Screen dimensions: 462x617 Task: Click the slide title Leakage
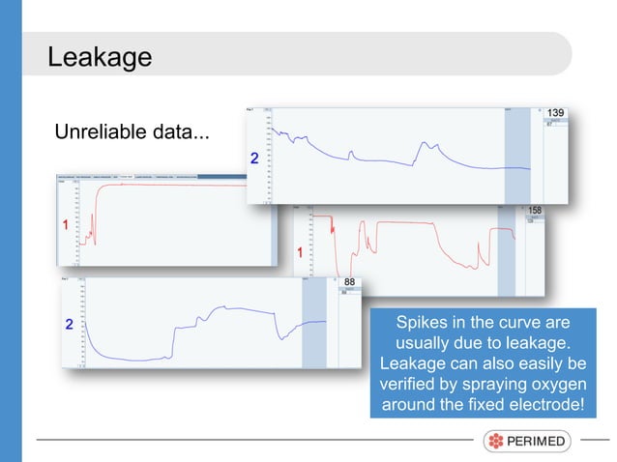(100, 57)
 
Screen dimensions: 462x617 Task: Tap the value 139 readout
(555, 114)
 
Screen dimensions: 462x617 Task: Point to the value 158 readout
(535, 210)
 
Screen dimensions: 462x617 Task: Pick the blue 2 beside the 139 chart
(254, 158)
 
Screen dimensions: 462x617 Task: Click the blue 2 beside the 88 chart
(69, 325)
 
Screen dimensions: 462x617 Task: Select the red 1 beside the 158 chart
(300, 252)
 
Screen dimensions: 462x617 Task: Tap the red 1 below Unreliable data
(66, 224)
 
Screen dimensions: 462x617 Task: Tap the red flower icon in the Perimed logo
(496, 442)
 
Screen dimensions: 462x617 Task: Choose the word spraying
(480, 384)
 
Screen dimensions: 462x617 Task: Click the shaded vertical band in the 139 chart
(517, 155)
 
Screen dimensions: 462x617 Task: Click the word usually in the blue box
(425, 343)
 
